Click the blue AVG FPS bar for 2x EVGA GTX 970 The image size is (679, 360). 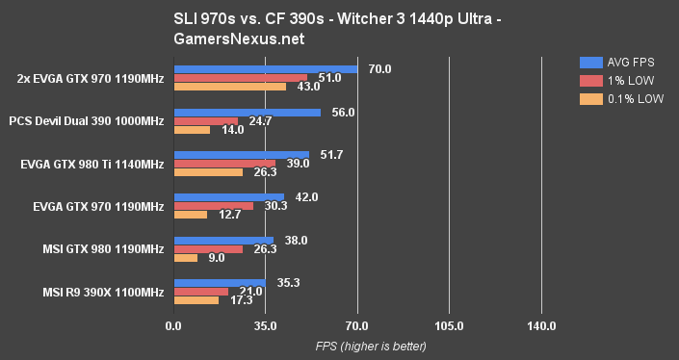pos(265,68)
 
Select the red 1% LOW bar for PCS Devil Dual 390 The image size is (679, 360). pos(205,121)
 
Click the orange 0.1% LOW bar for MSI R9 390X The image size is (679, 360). pos(196,300)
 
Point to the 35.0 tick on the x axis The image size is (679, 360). pos(265,326)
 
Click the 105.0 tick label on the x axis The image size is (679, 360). pos(449,326)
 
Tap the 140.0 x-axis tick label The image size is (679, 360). pos(541,326)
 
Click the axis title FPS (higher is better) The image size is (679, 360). pos(356,346)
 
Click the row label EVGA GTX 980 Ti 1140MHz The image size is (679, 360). pos(91,165)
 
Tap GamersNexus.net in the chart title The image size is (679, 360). pos(340,42)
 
